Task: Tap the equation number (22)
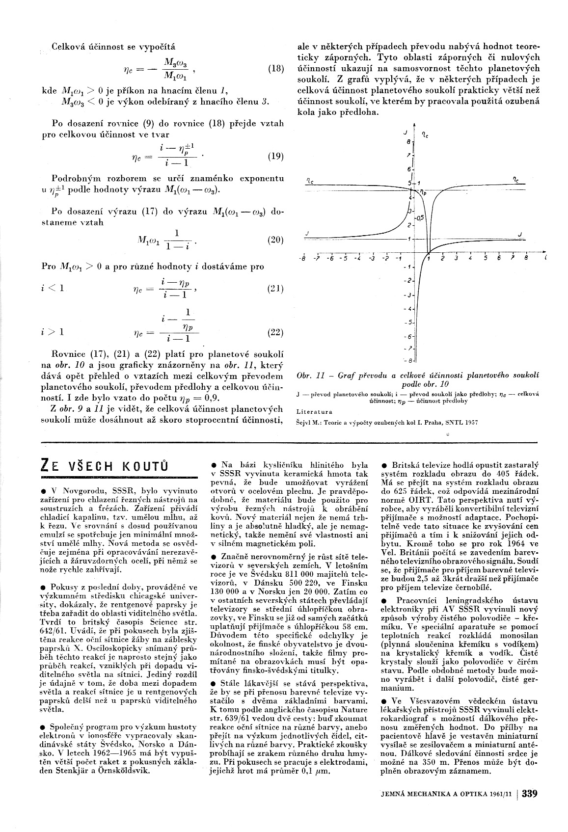(x=275, y=332)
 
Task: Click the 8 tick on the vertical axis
(x=407, y=141)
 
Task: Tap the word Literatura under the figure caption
(x=314, y=412)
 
